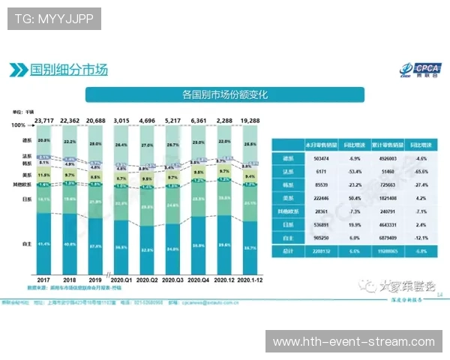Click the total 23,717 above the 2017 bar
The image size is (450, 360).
pyautogui.click(x=44, y=120)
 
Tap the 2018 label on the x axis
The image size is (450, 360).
pyautogui.click(x=70, y=279)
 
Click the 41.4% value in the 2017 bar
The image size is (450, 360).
pyautogui.click(x=44, y=244)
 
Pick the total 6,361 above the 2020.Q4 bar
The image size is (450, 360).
pyautogui.click(x=198, y=120)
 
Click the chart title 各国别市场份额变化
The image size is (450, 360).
pyautogui.click(x=224, y=95)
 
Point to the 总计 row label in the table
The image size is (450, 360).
pyautogui.click(x=286, y=252)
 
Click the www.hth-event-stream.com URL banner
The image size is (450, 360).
pyautogui.click(x=353, y=342)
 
